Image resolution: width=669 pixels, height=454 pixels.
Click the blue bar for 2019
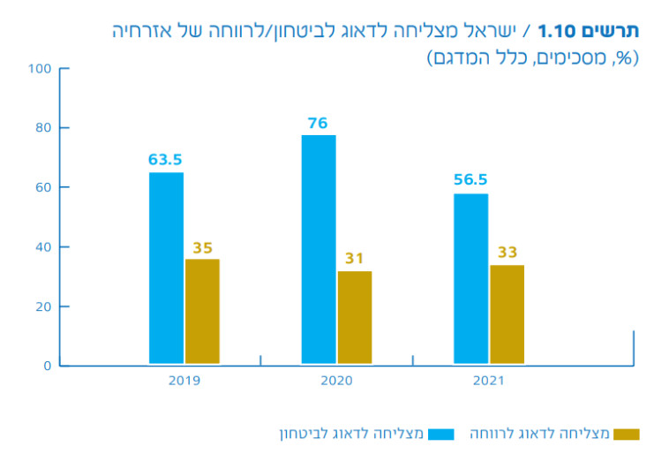click(166, 268)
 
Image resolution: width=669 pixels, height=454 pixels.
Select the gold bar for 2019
click(202, 311)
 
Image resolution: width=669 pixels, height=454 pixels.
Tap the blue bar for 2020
click(319, 249)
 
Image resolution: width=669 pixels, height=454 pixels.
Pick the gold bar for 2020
click(355, 317)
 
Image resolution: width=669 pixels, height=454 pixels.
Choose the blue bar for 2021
click(470, 278)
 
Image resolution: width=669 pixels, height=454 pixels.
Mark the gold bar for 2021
click(507, 314)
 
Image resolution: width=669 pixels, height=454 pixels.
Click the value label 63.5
click(165, 160)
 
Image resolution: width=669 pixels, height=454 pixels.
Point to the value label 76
click(318, 123)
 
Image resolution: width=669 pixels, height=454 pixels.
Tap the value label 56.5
click(470, 180)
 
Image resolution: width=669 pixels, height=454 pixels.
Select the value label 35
click(203, 248)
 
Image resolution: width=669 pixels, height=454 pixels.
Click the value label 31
click(355, 260)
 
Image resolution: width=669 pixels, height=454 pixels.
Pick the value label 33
click(507, 253)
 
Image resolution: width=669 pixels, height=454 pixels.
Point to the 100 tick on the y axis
click(41, 69)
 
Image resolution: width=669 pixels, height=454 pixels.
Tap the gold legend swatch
click(626, 434)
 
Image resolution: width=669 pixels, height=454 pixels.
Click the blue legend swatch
click(440, 434)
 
